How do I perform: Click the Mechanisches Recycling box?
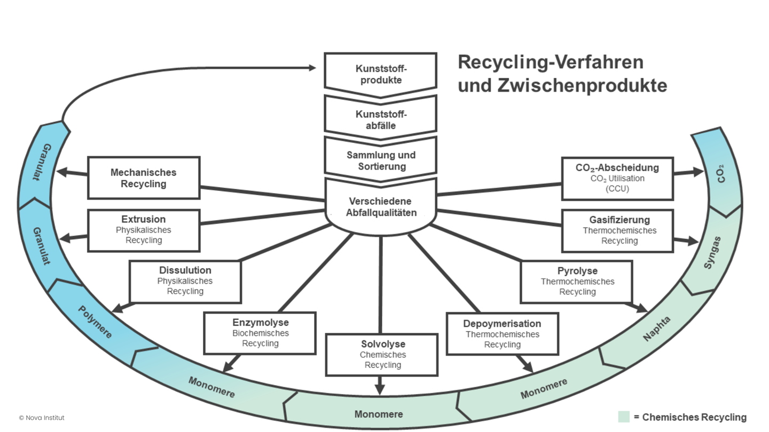tap(144, 178)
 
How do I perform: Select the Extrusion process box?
tap(144, 230)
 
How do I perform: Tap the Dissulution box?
tap(185, 281)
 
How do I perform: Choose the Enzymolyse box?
tap(260, 333)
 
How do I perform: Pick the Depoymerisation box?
tap(502, 334)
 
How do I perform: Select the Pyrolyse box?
tap(577, 281)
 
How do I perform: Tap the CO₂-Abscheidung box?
tap(617, 178)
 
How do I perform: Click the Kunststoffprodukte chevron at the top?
tap(381, 74)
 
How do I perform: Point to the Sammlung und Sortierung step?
tap(381, 161)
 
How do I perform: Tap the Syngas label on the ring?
tap(712, 253)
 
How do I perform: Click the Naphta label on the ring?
tap(656, 329)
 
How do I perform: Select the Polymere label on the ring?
tap(95, 322)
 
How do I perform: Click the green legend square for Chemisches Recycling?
tap(623, 417)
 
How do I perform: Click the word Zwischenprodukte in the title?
tap(562, 85)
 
